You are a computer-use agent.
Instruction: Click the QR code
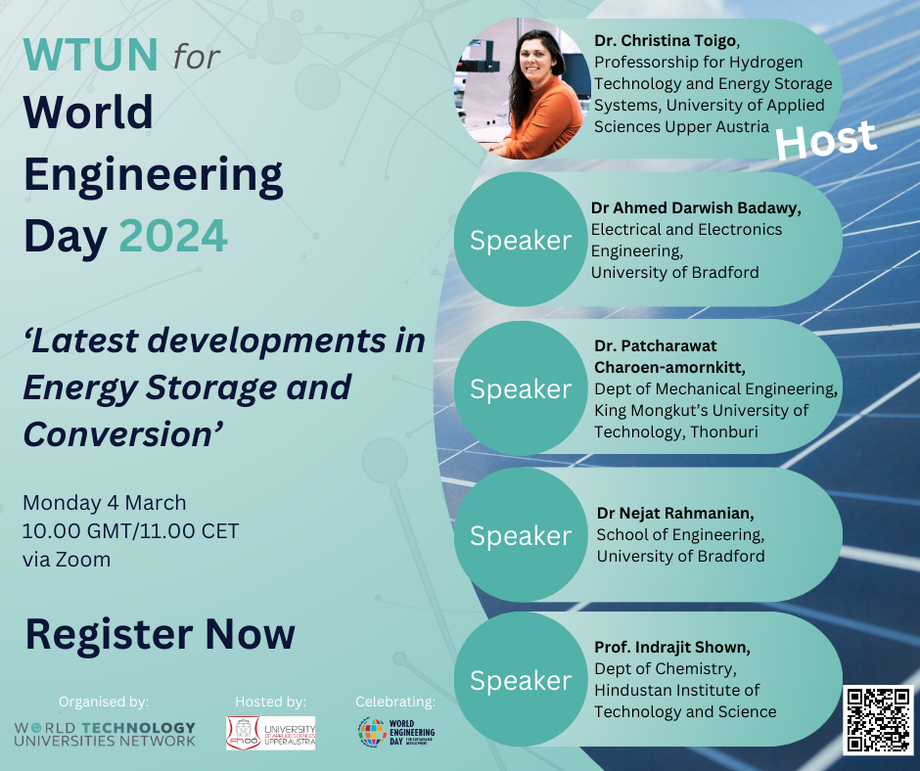[x=878, y=720]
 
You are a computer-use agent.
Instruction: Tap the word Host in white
[x=826, y=140]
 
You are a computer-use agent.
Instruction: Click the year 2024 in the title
[x=173, y=236]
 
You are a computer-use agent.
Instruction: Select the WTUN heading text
[x=90, y=55]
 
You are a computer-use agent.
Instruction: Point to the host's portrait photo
[x=523, y=88]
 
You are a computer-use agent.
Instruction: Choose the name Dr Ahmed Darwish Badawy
[x=696, y=207]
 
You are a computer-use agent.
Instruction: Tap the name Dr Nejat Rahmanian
[x=675, y=513]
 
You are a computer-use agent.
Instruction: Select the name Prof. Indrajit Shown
[x=672, y=647]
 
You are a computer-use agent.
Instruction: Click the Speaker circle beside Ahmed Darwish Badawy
[x=521, y=240]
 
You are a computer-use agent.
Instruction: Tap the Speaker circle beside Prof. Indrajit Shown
[x=521, y=679]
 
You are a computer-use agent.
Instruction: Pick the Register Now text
[x=161, y=634]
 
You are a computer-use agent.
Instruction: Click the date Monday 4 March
[x=105, y=503]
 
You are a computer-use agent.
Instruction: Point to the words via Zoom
[x=67, y=560]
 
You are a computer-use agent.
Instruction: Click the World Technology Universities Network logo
[x=105, y=734]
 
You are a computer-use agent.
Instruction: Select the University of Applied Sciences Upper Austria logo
[x=270, y=733]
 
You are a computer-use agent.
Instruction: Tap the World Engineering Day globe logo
[x=396, y=732]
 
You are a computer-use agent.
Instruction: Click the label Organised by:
[x=104, y=702]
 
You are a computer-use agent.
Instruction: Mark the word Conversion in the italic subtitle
[x=123, y=434]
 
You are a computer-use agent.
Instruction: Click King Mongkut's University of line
[x=701, y=410]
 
